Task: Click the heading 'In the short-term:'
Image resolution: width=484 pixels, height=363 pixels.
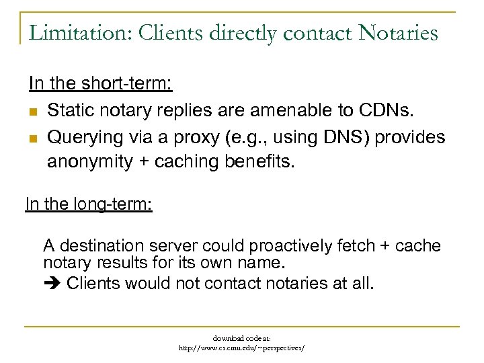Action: (100, 84)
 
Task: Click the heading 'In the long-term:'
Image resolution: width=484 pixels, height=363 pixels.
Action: (89, 203)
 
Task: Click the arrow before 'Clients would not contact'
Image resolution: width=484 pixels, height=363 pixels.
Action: (52, 283)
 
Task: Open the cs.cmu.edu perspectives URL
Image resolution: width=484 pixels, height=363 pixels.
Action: (241, 348)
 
